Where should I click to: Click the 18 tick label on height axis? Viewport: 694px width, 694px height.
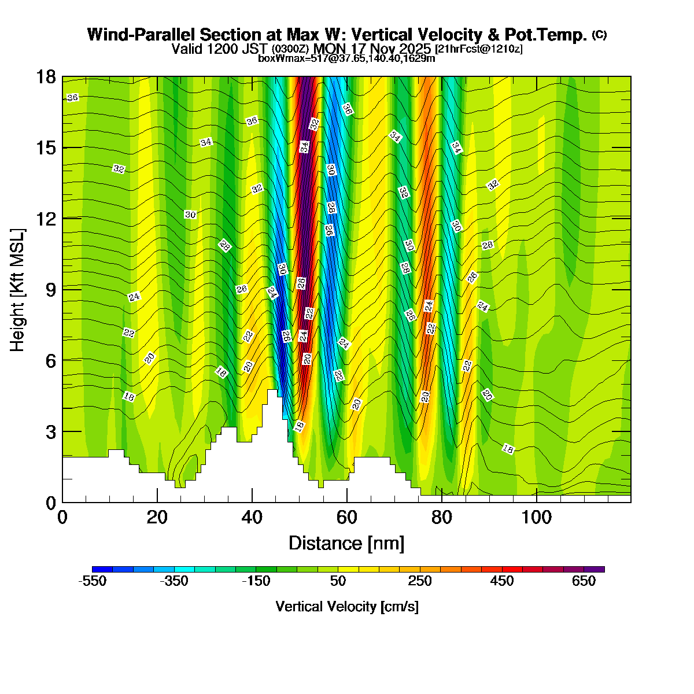(47, 77)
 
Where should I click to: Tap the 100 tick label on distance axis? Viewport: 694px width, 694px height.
(536, 516)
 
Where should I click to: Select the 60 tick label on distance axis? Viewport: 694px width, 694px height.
(346, 516)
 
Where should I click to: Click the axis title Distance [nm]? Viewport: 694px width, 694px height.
(346, 544)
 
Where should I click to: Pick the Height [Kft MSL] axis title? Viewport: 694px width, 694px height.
(18, 289)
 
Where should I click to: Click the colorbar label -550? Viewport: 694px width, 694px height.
(92, 581)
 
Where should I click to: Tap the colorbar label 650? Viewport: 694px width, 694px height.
(584, 581)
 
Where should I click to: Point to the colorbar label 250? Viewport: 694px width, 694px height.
(420, 581)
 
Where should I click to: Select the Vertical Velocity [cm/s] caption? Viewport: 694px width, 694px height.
(347, 607)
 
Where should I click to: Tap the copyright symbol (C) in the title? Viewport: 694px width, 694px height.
(599, 35)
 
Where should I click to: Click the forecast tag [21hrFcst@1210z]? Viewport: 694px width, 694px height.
(479, 49)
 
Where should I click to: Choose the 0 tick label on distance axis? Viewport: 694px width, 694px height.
(62, 516)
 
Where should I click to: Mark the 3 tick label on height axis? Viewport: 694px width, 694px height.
(50, 432)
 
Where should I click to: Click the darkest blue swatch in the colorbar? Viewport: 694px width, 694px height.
(102, 569)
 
